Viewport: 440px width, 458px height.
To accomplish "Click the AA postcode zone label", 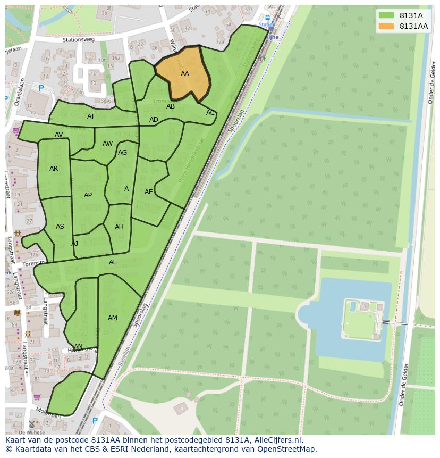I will coord(185,74).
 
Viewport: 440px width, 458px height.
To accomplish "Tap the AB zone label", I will coord(171,106).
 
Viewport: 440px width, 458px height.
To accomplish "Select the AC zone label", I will coord(210,113).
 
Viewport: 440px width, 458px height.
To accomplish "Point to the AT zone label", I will coord(91,116).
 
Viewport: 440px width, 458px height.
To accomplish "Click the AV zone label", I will coord(59,135).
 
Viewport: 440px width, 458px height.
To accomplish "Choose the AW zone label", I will coord(108,144).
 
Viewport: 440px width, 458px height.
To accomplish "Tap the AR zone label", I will coord(54,169).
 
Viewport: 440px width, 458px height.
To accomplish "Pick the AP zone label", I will coord(88,195).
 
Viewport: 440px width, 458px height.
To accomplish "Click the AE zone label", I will coord(149,192).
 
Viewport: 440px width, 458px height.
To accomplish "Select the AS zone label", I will coord(60,227).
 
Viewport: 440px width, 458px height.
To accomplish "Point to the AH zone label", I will coord(119,227).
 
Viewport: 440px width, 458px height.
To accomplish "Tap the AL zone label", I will coord(113,262).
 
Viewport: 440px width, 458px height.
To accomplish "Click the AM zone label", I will coord(113,318).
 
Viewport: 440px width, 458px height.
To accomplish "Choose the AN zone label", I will coord(78,347).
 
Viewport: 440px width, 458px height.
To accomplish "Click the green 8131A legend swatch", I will coord(386,15).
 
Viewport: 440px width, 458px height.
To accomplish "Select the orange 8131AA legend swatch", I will coord(386,26).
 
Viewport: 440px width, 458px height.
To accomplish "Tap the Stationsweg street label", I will coord(78,39).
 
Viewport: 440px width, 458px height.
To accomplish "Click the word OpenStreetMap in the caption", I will coord(286,449).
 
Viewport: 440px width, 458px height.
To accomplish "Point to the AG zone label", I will coord(123,153).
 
